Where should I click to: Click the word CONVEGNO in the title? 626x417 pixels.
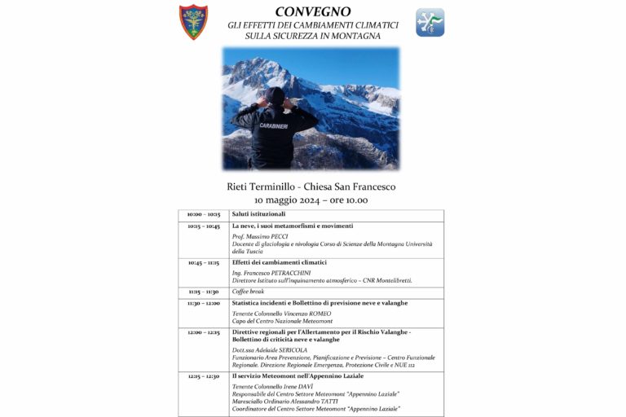(x=313, y=11)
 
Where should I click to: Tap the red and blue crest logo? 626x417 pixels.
(x=193, y=22)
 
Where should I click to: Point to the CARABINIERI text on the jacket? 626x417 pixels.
(x=274, y=127)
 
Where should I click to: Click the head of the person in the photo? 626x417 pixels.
(x=276, y=97)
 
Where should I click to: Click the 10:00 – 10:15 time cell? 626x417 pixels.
(x=203, y=214)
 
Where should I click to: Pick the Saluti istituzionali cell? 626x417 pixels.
(x=259, y=214)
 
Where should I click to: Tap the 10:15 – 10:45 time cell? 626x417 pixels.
(x=203, y=226)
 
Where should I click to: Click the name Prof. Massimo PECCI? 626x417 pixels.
(x=262, y=237)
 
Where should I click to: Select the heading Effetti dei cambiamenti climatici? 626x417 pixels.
(x=279, y=262)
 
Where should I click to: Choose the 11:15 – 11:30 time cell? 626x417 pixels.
(x=203, y=291)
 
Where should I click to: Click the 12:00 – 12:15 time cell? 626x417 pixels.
(x=203, y=332)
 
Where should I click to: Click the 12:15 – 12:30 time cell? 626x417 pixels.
(x=203, y=376)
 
